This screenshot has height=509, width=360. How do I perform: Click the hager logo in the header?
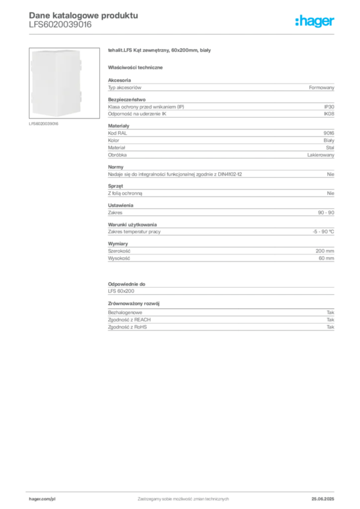[315, 21]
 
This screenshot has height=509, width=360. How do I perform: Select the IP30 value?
[329, 107]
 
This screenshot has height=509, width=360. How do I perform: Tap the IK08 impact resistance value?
[329, 114]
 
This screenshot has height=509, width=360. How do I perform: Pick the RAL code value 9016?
[329, 133]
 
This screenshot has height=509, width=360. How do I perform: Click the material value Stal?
[330, 148]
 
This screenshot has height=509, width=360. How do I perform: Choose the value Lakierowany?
[321, 155]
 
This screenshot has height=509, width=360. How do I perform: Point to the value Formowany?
[322, 87]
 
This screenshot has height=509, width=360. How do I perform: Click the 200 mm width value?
[325, 251]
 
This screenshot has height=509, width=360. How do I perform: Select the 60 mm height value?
[327, 258]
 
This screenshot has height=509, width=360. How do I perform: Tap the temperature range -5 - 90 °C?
[323, 232]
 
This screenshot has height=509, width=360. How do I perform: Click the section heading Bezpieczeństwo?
[127, 99]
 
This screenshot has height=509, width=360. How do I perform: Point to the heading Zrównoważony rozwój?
[134, 304]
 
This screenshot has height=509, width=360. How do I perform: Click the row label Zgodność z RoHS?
[127, 327]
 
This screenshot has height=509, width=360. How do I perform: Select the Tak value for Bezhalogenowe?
[331, 313]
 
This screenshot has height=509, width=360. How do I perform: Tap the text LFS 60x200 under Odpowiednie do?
[121, 291]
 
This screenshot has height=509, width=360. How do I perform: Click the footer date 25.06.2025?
[323, 499]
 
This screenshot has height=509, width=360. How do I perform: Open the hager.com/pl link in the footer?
[40, 499]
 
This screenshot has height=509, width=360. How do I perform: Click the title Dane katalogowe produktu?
[84, 15]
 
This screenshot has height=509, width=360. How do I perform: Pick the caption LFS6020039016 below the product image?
[43, 124]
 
